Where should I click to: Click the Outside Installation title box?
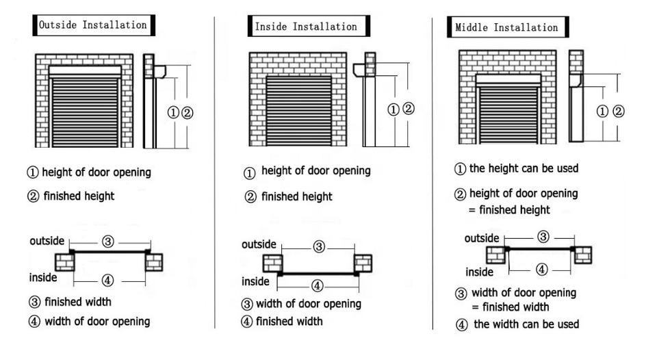coord(94,25)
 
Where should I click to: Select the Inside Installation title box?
coord(309,26)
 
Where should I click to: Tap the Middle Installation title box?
coord(508,27)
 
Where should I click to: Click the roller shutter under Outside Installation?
coord(85,112)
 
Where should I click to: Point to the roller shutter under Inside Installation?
coord(298,111)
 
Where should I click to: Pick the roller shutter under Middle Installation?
coord(508,114)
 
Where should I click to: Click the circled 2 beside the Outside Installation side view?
coord(188,113)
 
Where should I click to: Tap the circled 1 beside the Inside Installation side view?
coord(393,110)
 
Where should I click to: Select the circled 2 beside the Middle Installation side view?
coord(619,111)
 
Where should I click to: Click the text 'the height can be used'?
coord(524,168)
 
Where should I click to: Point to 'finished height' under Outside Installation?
coord(79,196)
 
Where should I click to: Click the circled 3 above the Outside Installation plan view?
coord(108,242)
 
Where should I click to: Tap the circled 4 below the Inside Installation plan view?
coord(317,286)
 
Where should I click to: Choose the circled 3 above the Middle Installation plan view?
coord(543,237)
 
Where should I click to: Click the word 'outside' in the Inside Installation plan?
coord(259,244)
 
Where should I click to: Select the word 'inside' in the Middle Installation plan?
coord(479,272)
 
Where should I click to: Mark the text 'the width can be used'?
coord(526,324)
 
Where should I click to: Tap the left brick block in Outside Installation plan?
coord(65,262)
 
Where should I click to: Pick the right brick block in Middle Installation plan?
coord(583,255)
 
